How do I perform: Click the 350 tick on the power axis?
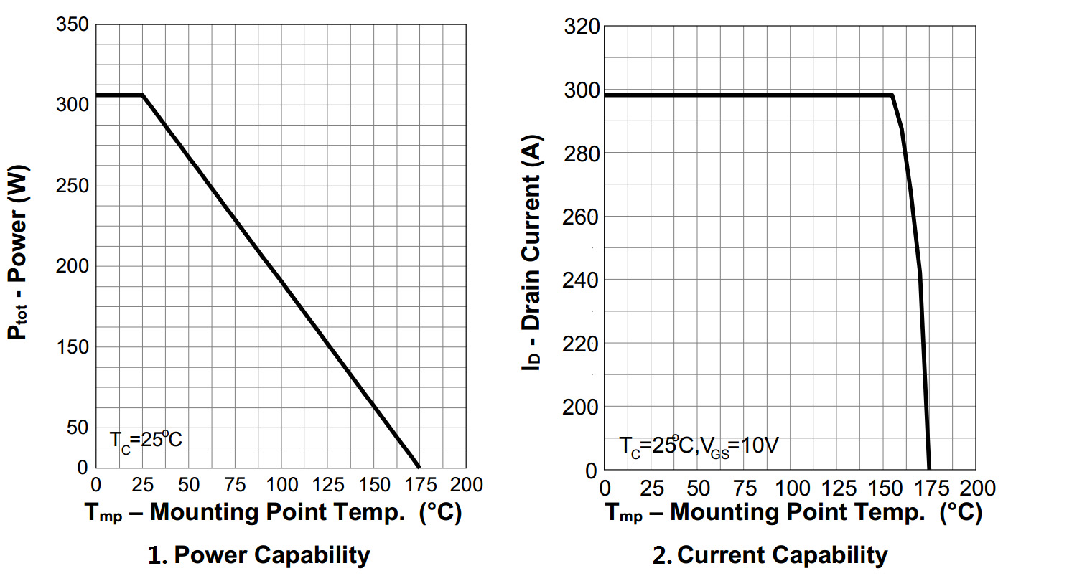click(73, 26)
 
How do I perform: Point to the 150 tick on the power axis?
click(73, 347)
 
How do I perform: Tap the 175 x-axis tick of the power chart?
click(419, 484)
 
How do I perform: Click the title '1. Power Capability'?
click(259, 554)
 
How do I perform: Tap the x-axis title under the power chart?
click(273, 513)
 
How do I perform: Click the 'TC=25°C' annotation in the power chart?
click(146, 439)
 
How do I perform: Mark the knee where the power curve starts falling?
click(142, 95)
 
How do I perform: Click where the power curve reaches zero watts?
click(419, 468)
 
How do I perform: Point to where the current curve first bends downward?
click(892, 95)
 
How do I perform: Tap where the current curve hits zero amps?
click(929, 470)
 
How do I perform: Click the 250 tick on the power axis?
click(73, 186)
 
